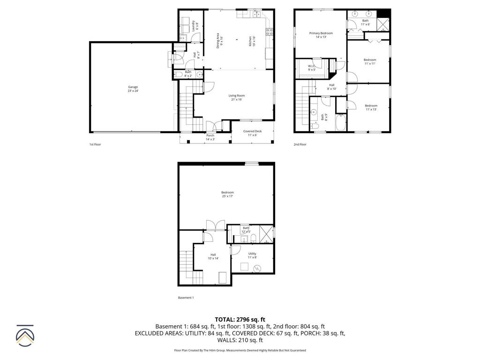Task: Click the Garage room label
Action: tap(133, 89)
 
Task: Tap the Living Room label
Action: tap(237, 97)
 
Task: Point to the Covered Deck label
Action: tap(252, 133)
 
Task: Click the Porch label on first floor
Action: tap(210, 137)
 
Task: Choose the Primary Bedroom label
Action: tap(321, 35)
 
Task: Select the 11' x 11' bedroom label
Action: tap(370, 61)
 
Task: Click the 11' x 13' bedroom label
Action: tap(371, 107)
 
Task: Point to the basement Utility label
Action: tap(252, 255)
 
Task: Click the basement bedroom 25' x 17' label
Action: tap(227, 194)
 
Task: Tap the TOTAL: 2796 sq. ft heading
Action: tap(240, 319)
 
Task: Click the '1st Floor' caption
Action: tap(95, 144)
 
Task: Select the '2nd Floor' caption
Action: tap(300, 144)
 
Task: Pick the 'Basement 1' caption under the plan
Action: tap(186, 298)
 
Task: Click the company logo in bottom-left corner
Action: tap(25, 335)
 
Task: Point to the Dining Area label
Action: tap(219, 41)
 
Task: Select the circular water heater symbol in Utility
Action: tap(256, 269)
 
